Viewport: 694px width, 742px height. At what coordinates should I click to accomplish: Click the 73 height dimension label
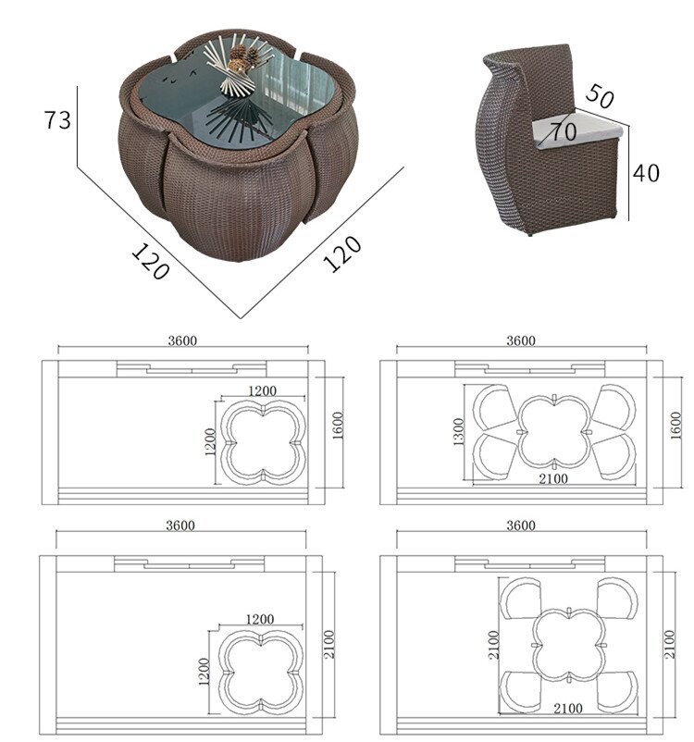coord(57,119)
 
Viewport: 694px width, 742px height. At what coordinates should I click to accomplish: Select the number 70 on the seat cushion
coord(563,131)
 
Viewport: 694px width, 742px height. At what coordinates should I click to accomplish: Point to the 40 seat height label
coord(646,173)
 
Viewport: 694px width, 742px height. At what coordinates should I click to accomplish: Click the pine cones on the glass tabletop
coord(242,57)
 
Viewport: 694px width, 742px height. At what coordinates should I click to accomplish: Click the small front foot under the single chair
coord(530,233)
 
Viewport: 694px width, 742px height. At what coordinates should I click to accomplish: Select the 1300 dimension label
coord(458,431)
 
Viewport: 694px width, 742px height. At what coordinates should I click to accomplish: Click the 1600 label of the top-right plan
coord(675,425)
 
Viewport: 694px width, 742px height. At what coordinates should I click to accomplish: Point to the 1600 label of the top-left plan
coord(338,425)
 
